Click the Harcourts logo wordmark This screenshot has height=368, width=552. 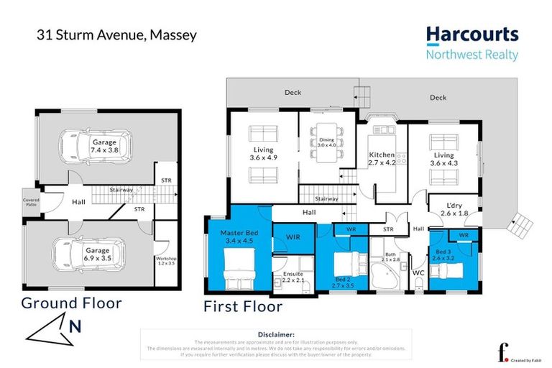point(471,34)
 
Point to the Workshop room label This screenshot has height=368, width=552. point(165,262)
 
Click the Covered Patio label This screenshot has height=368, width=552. point(32,203)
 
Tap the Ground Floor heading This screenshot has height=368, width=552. point(71,303)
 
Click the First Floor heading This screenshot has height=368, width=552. point(243,307)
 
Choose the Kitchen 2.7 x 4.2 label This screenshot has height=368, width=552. point(382,159)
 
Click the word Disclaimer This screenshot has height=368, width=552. point(276,334)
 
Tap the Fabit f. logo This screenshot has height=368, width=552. point(502,351)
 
